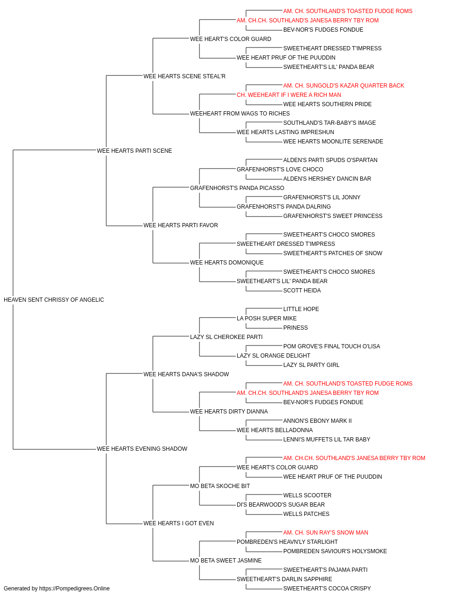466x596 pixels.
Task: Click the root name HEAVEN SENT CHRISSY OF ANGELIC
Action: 54,300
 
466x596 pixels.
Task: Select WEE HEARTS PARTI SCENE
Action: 135,151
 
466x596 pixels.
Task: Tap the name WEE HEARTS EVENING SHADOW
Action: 142,449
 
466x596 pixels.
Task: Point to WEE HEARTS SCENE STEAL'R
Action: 185,76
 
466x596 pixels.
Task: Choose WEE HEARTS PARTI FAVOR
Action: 181,225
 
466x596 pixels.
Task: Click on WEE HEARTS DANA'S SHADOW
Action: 186,374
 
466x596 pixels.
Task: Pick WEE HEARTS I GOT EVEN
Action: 178,523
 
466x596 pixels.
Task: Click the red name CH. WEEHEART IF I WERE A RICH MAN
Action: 289,95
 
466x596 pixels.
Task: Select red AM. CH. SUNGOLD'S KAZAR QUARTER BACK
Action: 343,86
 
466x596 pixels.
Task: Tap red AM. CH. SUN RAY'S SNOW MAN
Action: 325,533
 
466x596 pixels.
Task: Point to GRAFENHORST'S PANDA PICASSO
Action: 237,188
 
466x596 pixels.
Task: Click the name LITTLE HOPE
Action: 301,309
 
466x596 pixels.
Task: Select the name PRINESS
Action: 295,328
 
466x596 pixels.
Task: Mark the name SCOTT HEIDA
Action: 302,291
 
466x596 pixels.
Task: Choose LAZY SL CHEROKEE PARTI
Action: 226,337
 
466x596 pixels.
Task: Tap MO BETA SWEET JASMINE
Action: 226,561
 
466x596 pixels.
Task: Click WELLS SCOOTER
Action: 308,495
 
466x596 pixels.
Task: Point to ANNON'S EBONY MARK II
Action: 317,421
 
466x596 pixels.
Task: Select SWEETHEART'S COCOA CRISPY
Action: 327,589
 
